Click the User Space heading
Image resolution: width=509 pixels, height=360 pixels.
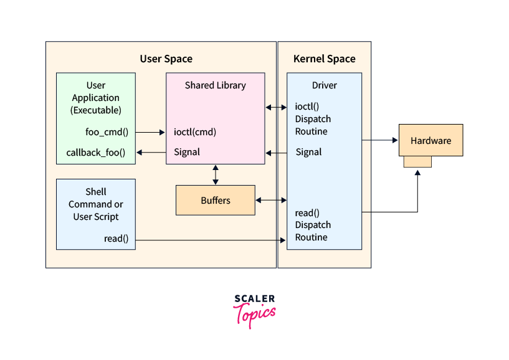(x=166, y=59)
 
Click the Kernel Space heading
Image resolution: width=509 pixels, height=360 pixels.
(x=324, y=59)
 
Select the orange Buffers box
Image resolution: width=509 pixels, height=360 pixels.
(x=216, y=200)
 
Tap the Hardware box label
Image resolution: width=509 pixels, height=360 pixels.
(x=431, y=141)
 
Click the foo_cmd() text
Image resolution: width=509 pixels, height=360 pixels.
(x=107, y=132)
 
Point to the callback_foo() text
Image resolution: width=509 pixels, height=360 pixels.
(x=96, y=152)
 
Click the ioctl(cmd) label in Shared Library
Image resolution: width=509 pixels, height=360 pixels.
(x=195, y=132)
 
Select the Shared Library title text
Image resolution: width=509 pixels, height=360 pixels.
(x=215, y=85)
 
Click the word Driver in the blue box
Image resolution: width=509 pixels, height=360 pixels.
(x=324, y=85)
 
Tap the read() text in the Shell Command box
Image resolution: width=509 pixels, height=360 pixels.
(x=117, y=239)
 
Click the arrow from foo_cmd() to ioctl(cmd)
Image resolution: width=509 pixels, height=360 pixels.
(x=150, y=132)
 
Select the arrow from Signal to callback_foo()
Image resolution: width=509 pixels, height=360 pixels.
(x=150, y=152)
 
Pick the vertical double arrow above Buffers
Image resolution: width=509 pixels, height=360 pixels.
(x=216, y=174)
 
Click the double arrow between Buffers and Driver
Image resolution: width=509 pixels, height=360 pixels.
(x=271, y=200)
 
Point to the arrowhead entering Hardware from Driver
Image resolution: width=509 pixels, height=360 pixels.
(x=395, y=141)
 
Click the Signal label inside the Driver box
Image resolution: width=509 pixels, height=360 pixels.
(x=308, y=152)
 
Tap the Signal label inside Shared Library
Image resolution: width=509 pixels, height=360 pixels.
(x=187, y=152)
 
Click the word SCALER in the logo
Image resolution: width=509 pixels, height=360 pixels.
(x=254, y=300)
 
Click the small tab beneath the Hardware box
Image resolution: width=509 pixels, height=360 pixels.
(x=417, y=162)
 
